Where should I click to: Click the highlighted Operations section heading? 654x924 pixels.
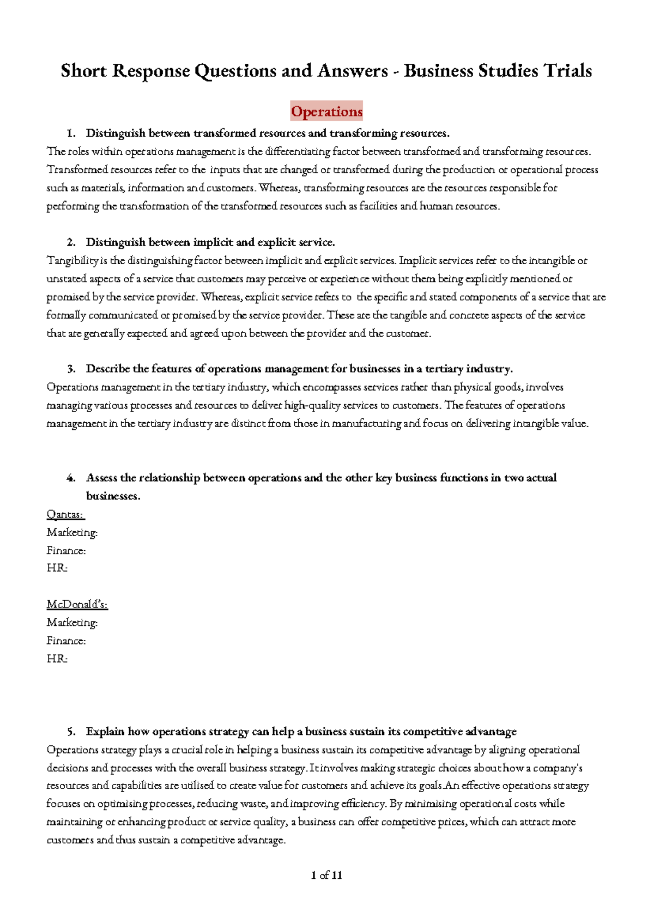(x=326, y=112)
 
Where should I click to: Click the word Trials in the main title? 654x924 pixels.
(x=567, y=71)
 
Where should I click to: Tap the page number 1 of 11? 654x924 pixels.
(x=326, y=875)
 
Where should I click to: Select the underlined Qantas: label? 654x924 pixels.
(x=65, y=514)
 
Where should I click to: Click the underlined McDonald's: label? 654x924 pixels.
(x=77, y=604)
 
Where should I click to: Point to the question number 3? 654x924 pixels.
(x=71, y=369)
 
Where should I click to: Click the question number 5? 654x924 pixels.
(x=71, y=731)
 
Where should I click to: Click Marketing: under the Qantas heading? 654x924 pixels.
(x=72, y=532)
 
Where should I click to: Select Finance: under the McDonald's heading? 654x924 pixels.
(x=66, y=641)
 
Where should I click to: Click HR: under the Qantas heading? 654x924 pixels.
(x=57, y=568)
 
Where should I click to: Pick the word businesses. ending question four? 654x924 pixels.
(x=113, y=496)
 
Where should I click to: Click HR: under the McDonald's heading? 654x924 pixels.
(x=57, y=659)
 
